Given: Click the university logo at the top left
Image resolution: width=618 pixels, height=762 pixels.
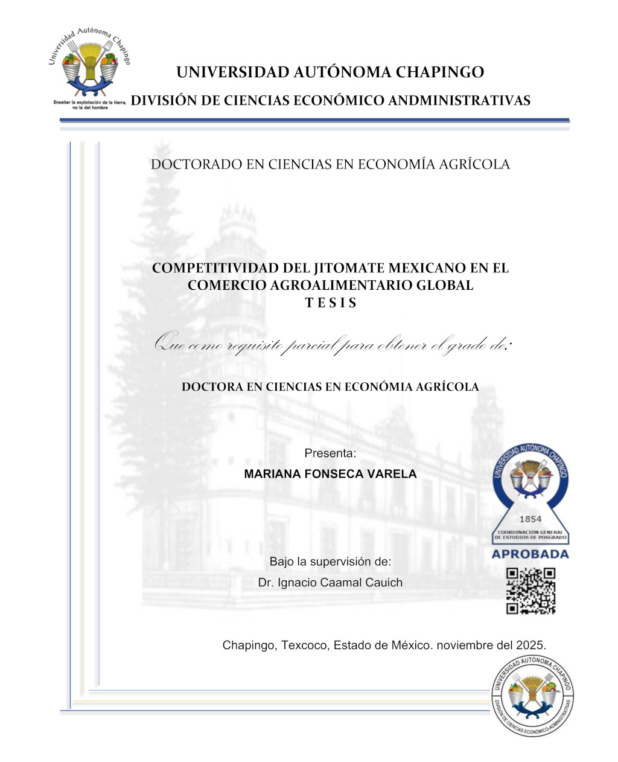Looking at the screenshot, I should pyautogui.click(x=89, y=66).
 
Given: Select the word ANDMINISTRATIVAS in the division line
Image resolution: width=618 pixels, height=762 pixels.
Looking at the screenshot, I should pyautogui.click(x=459, y=101).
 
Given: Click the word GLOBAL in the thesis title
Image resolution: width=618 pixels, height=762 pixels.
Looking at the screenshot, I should pyautogui.click(x=445, y=286).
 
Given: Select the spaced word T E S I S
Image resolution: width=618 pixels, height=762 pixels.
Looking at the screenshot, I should pyautogui.click(x=331, y=303).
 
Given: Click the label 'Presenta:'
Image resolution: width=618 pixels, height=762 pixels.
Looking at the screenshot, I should pyautogui.click(x=330, y=453).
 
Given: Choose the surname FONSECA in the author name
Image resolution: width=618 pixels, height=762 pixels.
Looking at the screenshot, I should pyautogui.click(x=331, y=474).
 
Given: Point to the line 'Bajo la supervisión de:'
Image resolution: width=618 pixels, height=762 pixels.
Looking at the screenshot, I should pyautogui.click(x=330, y=562).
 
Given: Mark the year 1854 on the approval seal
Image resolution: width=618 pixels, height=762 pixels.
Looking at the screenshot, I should pyautogui.click(x=530, y=519).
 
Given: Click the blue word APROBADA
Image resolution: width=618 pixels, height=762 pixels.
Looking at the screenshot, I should pyautogui.click(x=530, y=554).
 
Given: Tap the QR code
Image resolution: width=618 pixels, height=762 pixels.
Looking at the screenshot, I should pyautogui.click(x=530, y=591).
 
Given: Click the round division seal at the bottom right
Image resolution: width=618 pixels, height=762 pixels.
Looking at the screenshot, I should pyautogui.click(x=532, y=696).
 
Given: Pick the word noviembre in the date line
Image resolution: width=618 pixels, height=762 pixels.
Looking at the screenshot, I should pyautogui.click(x=465, y=645).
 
